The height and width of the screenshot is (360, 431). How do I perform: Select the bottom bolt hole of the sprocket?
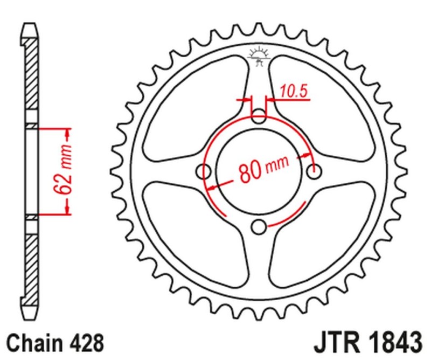point(259,227)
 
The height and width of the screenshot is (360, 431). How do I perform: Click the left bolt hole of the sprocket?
point(204,171)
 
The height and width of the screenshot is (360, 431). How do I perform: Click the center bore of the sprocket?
point(259,171)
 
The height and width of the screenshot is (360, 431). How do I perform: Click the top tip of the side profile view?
point(32,25)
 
